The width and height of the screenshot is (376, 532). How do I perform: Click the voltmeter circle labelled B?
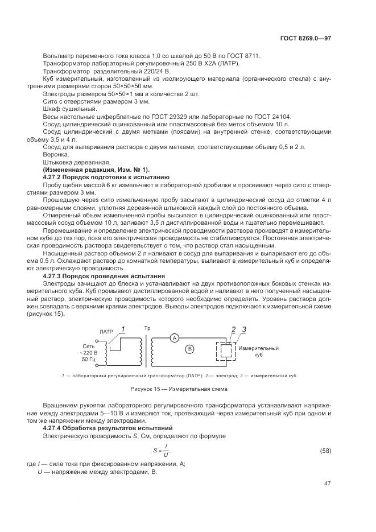click(x=191, y=348)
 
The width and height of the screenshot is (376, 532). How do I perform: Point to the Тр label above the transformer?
click(x=147, y=329)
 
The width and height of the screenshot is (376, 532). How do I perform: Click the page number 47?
click(x=327, y=484)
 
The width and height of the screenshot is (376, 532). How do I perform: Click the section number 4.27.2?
click(x=55, y=178)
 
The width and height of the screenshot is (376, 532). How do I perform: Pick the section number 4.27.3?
click(x=55, y=275)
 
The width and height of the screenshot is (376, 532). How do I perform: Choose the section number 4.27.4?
click(x=55, y=427)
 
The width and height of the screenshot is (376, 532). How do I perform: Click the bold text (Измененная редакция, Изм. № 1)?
click(x=96, y=170)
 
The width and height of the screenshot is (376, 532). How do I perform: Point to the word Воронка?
click(x=55, y=155)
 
